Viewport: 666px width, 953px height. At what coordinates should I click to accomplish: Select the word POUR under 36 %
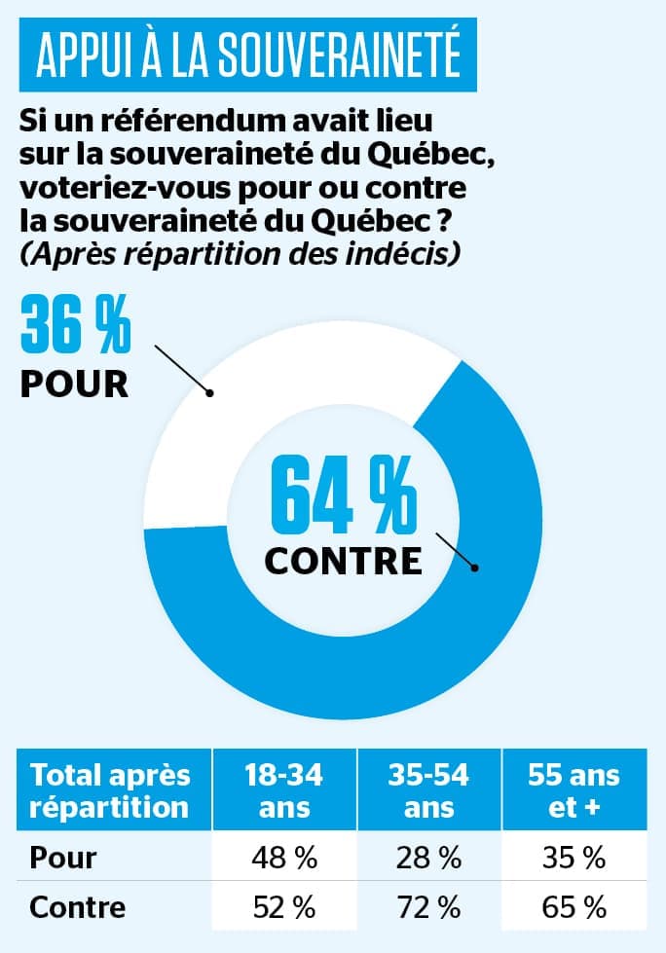(74, 383)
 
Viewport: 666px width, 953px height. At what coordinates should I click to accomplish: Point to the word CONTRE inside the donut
(343, 562)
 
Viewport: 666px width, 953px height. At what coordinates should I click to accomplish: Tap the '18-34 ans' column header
(284, 790)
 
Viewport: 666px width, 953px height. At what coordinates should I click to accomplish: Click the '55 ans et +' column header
(574, 790)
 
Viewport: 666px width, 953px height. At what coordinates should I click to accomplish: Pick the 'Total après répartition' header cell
(109, 790)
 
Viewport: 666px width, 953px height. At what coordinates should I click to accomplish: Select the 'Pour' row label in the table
(63, 858)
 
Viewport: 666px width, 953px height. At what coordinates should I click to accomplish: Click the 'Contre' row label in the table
(78, 907)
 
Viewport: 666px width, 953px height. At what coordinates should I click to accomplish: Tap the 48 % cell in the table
(284, 858)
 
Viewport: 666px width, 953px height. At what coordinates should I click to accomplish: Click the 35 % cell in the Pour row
(574, 858)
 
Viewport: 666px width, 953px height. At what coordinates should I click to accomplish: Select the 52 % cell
(284, 907)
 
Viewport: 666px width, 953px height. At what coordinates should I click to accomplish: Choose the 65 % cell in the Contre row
(574, 907)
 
